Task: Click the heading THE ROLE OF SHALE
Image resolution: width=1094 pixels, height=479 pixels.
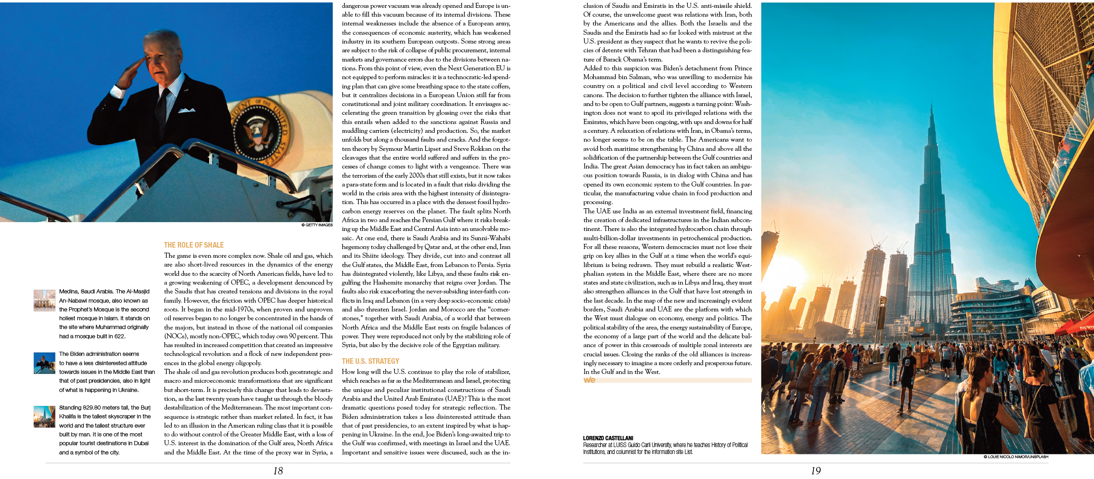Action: (194, 245)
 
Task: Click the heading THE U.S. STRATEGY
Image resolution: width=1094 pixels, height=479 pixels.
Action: (370, 361)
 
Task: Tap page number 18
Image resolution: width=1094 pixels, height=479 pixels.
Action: (278, 471)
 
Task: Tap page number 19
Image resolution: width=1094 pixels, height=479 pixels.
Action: (816, 471)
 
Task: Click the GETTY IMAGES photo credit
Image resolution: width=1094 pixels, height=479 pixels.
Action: (317, 225)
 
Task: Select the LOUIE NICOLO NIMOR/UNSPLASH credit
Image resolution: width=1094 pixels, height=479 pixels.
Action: (1015, 457)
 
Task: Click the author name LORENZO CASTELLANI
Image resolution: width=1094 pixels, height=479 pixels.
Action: (608, 438)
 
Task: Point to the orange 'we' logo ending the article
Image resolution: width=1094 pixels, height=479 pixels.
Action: (589, 380)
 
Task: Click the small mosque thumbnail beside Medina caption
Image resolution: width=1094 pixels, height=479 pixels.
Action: (44, 300)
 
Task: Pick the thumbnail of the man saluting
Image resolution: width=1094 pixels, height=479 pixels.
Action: (44, 363)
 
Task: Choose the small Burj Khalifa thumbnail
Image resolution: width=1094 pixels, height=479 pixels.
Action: (44, 417)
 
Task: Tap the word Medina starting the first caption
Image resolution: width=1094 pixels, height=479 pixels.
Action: (69, 292)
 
